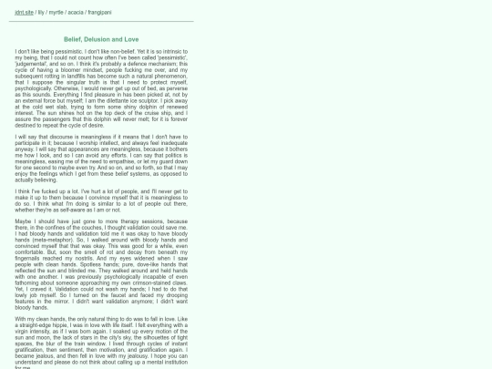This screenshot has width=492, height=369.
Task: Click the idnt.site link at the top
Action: [25, 13]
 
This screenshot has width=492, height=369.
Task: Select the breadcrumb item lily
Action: [41, 13]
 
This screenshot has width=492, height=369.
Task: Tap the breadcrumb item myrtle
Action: [56, 13]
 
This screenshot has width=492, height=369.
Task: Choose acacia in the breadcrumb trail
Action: [75, 13]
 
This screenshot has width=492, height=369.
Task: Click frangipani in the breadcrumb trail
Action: [97, 13]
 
